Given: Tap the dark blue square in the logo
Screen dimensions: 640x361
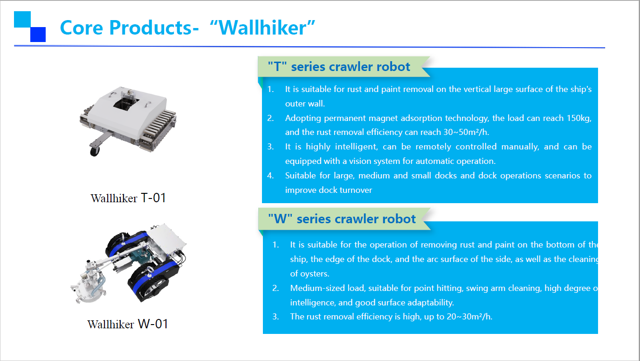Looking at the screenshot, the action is pyautogui.click(x=38, y=35).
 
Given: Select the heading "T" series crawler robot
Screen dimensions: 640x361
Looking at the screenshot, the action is pyautogui.click(x=339, y=67).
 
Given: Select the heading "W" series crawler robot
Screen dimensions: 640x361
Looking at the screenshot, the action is pyautogui.click(x=342, y=219).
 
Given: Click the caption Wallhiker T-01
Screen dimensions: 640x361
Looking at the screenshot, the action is pyautogui.click(x=128, y=198).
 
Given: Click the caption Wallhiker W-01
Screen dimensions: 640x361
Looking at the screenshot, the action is pyautogui.click(x=128, y=324).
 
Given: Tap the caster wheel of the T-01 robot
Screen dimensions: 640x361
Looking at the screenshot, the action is pyautogui.click(x=95, y=152).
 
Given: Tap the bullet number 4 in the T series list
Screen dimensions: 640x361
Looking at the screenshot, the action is pyautogui.click(x=270, y=176).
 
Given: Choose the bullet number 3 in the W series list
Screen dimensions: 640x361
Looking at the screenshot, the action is pyautogui.click(x=275, y=317).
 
